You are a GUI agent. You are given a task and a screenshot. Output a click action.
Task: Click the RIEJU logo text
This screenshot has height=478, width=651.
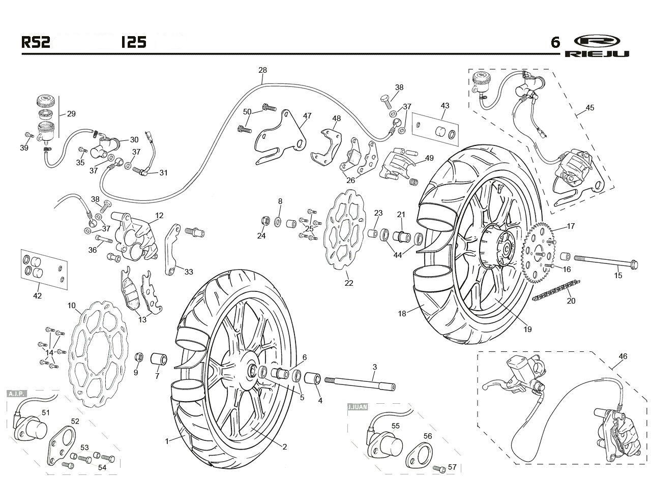click(597, 53)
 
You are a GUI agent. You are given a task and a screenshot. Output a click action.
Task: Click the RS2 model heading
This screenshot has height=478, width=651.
click(36, 42)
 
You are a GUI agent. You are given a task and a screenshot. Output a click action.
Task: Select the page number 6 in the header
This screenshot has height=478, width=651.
click(555, 42)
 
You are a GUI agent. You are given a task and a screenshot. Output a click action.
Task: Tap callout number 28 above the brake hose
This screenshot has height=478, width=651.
click(262, 70)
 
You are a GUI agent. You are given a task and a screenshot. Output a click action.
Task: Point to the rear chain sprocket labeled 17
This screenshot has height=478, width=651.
click(539, 253)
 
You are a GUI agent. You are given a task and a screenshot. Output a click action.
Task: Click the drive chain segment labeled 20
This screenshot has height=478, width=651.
click(556, 290)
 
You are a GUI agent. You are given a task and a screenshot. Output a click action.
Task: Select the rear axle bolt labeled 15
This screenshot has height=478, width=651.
click(606, 261)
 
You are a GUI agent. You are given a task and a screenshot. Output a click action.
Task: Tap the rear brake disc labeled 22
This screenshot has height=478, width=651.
click(344, 229)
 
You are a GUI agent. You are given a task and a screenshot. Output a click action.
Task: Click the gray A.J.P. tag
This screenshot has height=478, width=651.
click(17, 394)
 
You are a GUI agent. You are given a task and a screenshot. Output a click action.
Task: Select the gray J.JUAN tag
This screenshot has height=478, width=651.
click(358, 407)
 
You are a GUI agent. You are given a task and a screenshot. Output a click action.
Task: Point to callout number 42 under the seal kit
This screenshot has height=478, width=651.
click(37, 296)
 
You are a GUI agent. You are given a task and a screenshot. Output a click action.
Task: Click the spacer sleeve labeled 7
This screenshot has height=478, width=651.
click(159, 359)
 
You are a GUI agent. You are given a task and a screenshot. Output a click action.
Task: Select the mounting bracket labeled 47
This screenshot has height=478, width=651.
click(280, 137)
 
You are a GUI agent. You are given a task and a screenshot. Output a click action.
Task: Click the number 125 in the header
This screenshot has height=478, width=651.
click(134, 42)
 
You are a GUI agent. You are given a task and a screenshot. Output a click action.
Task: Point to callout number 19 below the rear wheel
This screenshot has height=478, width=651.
click(527, 329)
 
